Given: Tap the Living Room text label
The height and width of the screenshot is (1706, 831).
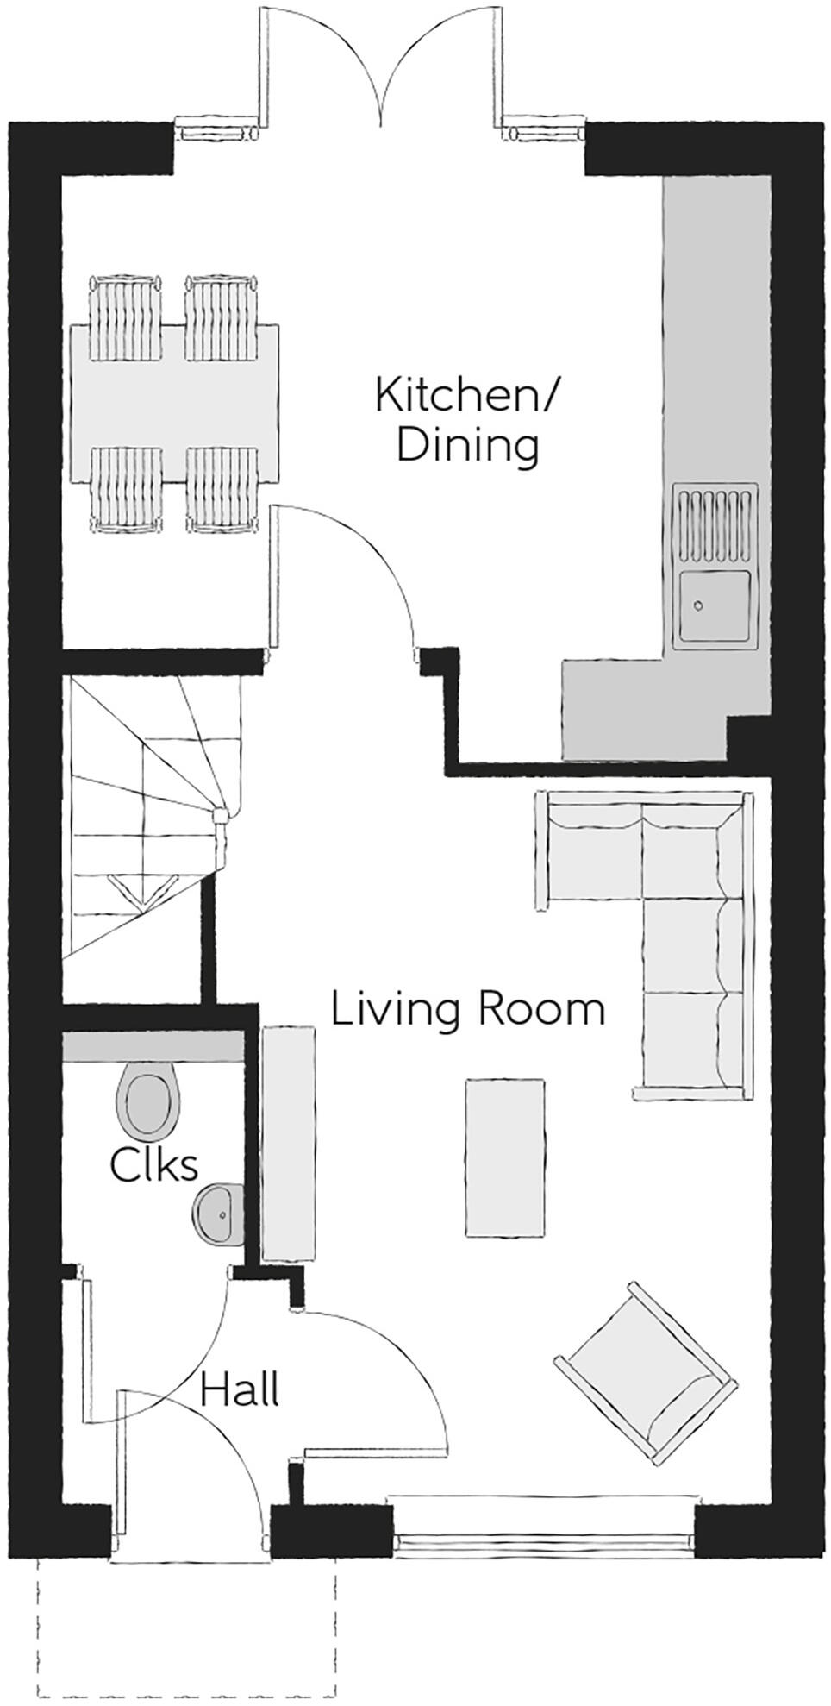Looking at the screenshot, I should [468, 1010].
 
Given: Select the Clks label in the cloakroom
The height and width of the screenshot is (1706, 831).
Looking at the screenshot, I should [153, 1165].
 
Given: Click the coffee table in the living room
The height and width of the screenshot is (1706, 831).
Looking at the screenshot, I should [505, 1158].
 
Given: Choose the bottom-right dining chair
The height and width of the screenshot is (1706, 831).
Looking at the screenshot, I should [222, 489].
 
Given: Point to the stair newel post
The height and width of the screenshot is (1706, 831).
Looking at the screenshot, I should [221, 814].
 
